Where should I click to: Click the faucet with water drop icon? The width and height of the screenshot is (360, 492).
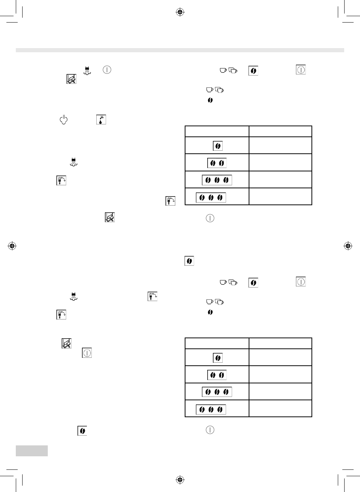pyautogui.click(x=101, y=120)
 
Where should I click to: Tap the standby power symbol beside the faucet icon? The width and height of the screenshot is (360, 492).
pyautogui.click(x=64, y=120)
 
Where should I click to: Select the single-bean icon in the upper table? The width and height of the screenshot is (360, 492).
pyautogui.click(x=217, y=146)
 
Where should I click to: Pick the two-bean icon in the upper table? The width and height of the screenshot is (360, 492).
pyautogui.click(x=217, y=163)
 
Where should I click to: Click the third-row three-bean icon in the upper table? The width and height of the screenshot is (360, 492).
pyautogui.click(x=217, y=180)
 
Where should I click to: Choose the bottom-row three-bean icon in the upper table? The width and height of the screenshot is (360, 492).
pyautogui.click(x=211, y=197)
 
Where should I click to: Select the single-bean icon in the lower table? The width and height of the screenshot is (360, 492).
pyautogui.click(x=217, y=358)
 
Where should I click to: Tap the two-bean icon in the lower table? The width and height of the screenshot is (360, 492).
pyautogui.click(x=217, y=375)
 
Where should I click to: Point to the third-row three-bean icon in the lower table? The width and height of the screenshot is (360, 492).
pyautogui.click(x=217, y=392)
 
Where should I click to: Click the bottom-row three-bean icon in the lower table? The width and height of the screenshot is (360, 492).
pyautogui.click(x=211, y=409)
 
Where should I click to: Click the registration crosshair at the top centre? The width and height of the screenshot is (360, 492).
pyautogui.click(x=180, y=12)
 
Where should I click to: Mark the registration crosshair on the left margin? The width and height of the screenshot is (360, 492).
pyautogui.click(x=12, y=246)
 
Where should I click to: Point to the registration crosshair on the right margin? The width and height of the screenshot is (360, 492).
pyautogui.click(x=348, y=246)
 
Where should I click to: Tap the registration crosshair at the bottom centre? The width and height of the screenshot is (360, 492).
pyautogui.click(x=180, y=480)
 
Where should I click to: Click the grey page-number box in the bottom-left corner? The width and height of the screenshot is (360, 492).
pyautogui.click(x=32, y=451)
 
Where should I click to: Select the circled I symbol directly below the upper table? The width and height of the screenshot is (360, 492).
pyautogui.click(x=210, y=218)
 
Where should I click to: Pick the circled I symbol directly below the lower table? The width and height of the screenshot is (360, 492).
pyautogui.click(x=210, y=430)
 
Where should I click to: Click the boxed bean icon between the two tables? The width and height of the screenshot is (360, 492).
pyautogui.click(x=189, y=261)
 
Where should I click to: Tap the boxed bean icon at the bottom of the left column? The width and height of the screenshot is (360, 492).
pyautogui.click(x=82, y=431)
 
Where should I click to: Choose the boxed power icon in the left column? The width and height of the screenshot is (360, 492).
pyautogui.click(x=87, y=353)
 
